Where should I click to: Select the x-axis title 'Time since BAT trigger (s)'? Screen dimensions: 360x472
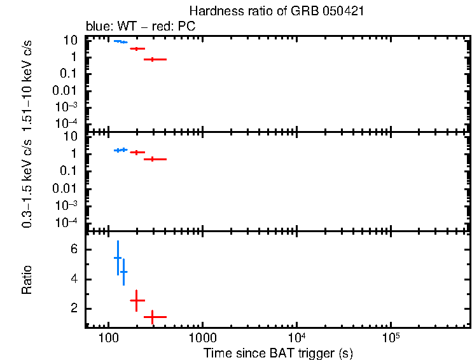click(278, 352)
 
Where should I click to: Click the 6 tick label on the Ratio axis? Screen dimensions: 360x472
click(74, 250)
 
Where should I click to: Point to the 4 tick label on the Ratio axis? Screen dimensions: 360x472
click(74, 279)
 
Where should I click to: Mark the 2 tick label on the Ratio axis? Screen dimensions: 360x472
click(74, 308)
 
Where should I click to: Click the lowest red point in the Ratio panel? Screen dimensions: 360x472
click(153, 316)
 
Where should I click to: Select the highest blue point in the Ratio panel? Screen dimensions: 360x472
click(118, 258)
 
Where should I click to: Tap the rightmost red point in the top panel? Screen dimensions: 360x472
click(153, 59)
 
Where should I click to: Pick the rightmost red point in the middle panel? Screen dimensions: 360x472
click(153, 159)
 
